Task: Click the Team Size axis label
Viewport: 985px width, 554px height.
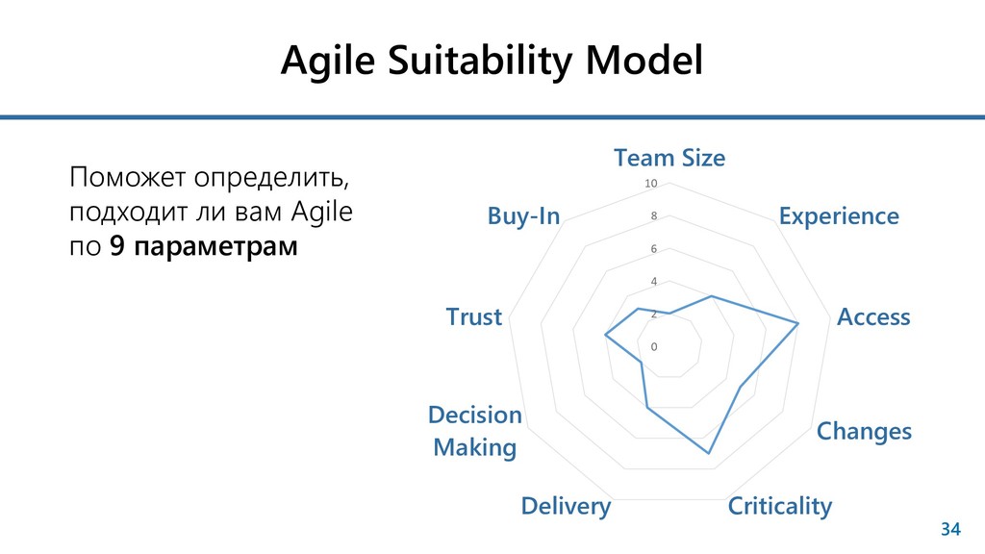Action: (x=669, y=158)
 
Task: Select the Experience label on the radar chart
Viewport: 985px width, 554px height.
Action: (x=839, y=216)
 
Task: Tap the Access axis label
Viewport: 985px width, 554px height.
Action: (x=873, y=317)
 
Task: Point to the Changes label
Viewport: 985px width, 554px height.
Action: (x=864, y=431)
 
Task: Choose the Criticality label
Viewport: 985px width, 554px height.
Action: (x=780, y=506)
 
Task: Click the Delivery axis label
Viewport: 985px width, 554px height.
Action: (x=566, y=506)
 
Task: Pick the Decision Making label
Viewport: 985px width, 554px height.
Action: (x=475, y=431)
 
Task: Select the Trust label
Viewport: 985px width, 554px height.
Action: (x=474, y=317)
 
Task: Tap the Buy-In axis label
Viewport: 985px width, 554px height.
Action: (x=523, y=216)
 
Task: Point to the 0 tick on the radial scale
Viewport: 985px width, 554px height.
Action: (x=654, y=346)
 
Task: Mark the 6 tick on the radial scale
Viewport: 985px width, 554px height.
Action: (x=654, y=249)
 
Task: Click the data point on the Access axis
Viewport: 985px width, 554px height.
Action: (x=798, y=323)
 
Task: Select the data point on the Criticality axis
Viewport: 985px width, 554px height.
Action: (x=709, y=452)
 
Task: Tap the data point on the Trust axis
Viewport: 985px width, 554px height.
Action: (x=605, y=335)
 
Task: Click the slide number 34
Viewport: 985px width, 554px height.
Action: (x=950, y=529)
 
